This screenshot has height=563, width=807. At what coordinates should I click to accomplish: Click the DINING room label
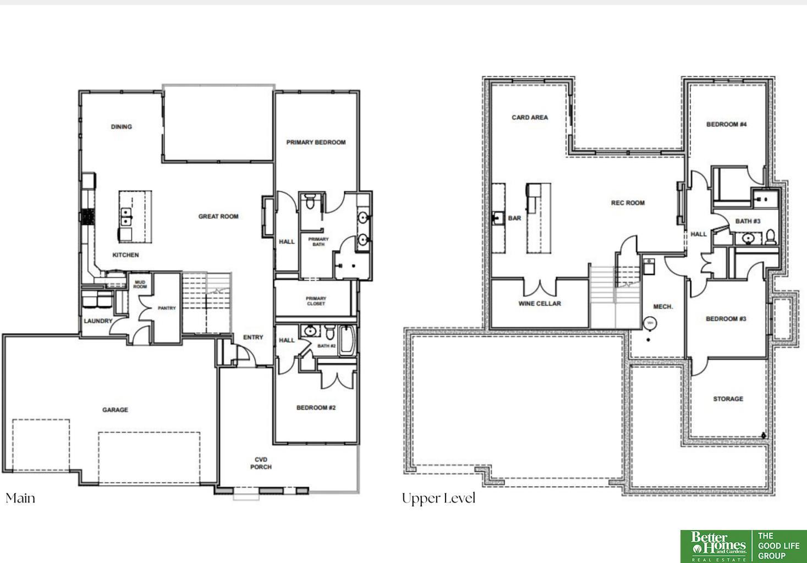pyautogui.click(x=121, y=126)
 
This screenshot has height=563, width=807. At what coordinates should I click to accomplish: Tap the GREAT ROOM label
pyautogui.click(x=218, y=217)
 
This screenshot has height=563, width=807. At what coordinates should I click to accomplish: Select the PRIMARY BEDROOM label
pyautogui.click(x=316, y=142)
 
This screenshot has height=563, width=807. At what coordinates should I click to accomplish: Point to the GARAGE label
pyautogui.click(x=115, y=410)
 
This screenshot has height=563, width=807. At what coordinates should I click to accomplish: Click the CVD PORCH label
pyautogui.click(x=261, y=463)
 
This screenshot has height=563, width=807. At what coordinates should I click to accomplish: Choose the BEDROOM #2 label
pyautogui.click(x=316, y=408)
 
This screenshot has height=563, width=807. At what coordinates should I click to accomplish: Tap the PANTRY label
pyautogui.click(x=167, y=308)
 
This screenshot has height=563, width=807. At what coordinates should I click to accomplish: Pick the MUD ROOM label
pyautogui.click(x=140, y=284)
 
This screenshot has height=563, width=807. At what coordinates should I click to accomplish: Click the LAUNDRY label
pyautogui.click(x=98, y=321)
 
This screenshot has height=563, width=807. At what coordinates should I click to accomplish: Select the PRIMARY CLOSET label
pyautogui.click(x=316, y=301)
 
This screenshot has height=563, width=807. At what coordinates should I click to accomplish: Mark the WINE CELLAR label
pyautogui.click(x=540, y=303)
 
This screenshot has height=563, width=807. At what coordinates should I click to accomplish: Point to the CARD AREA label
pyautogui.click(x=530, y=118)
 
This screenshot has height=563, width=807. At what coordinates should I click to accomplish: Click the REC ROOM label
pyautogui.click(x=628, y=203)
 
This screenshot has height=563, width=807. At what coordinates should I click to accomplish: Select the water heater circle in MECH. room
pyautogui.click(x=650, y=323)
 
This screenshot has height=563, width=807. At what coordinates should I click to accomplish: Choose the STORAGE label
pyautogui.click(x=728, y=399)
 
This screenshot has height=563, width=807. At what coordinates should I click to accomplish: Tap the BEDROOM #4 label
pyautogui.click(x=726, y=124)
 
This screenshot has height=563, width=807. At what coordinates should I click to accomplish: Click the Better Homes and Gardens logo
pyautogui.click(x=717, y=546)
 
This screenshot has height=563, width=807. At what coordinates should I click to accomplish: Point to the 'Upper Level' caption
pyautogui.click(x=438, y=499)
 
